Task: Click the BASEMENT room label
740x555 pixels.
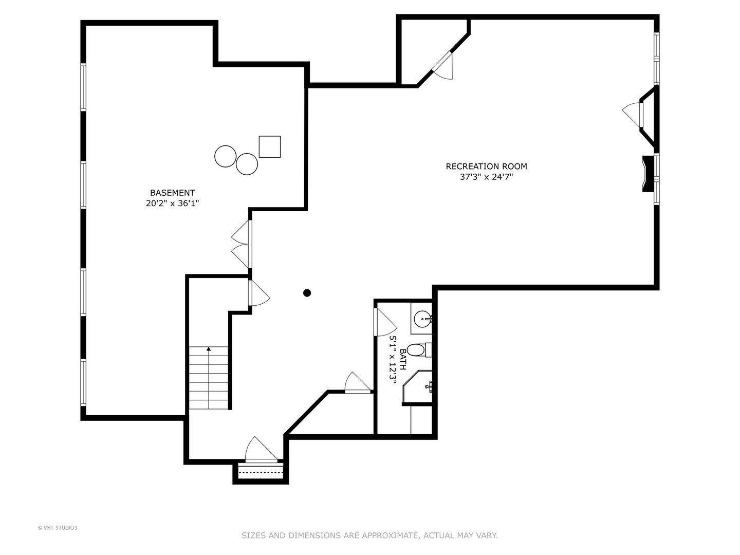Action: (172, 193)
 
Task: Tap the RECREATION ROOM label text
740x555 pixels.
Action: (486, 166)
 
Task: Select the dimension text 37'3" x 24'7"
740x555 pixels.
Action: (486, 177)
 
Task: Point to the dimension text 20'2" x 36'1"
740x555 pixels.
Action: (172, 203)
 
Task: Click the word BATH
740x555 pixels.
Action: (403, 359)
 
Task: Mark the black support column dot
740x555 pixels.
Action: (307, 293)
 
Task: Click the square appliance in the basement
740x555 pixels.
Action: (269, 146)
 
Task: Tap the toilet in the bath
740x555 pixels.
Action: (417, 350)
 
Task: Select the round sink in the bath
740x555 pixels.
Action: (422, 319)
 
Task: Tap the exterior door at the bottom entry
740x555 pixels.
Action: (261, 450)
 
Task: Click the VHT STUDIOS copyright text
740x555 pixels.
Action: (58, 528)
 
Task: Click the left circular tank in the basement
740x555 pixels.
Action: (225, 156)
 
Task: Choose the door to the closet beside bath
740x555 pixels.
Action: (357, 383)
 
